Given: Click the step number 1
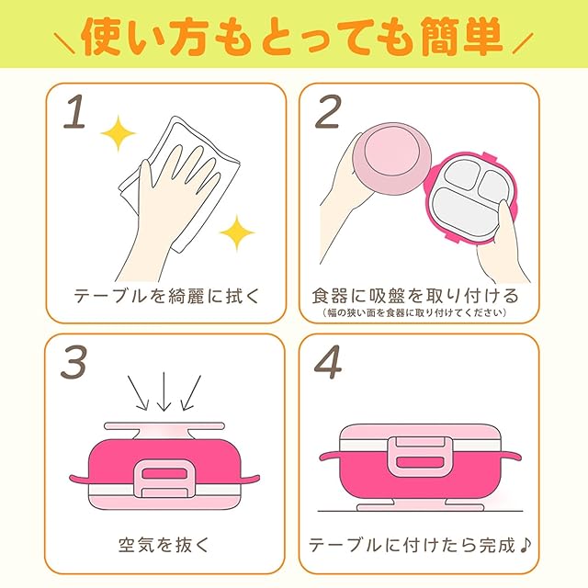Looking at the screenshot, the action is point(74,112).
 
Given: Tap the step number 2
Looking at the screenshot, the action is point(328,111).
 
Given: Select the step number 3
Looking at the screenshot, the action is point(73,361).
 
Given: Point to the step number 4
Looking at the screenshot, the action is point(328,361).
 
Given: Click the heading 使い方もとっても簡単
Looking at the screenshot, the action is point(292,37).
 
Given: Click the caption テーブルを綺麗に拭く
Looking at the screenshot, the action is point(166,296).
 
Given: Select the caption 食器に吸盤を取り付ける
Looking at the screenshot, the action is point(415,296).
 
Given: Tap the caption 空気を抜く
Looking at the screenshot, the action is point(164,545).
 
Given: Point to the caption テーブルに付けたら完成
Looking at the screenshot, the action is point(412,545).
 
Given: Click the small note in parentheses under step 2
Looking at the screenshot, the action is point(414,312).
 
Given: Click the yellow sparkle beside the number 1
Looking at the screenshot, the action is point(119,133).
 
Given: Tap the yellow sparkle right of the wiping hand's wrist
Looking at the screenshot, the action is point(237,232).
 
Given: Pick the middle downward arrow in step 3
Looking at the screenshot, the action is point(164,392).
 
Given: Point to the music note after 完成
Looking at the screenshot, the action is point(526,545).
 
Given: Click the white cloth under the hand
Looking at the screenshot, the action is point(180,184).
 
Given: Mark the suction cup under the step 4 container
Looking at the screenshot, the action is point(420,504).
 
